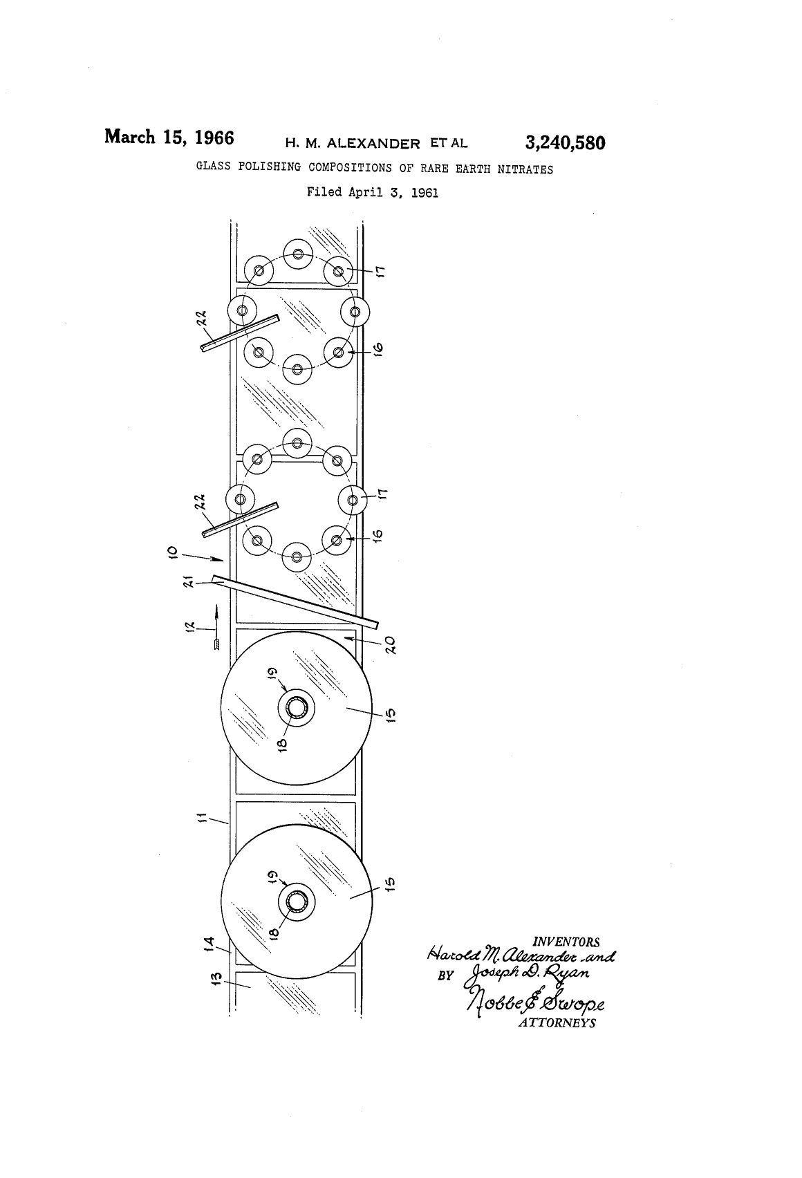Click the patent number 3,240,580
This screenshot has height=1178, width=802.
[x=566, y=143]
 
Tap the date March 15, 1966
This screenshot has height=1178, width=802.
[x=169, y=138]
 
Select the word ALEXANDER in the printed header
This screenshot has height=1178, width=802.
[x=374, y=143]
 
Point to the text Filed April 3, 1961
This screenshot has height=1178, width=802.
[x=373, y=192]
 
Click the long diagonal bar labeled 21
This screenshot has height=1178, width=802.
[x=295, y=601]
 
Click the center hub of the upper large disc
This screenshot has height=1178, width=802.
[x=297, y=708]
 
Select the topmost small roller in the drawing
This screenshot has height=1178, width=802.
[x=298, y=254]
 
